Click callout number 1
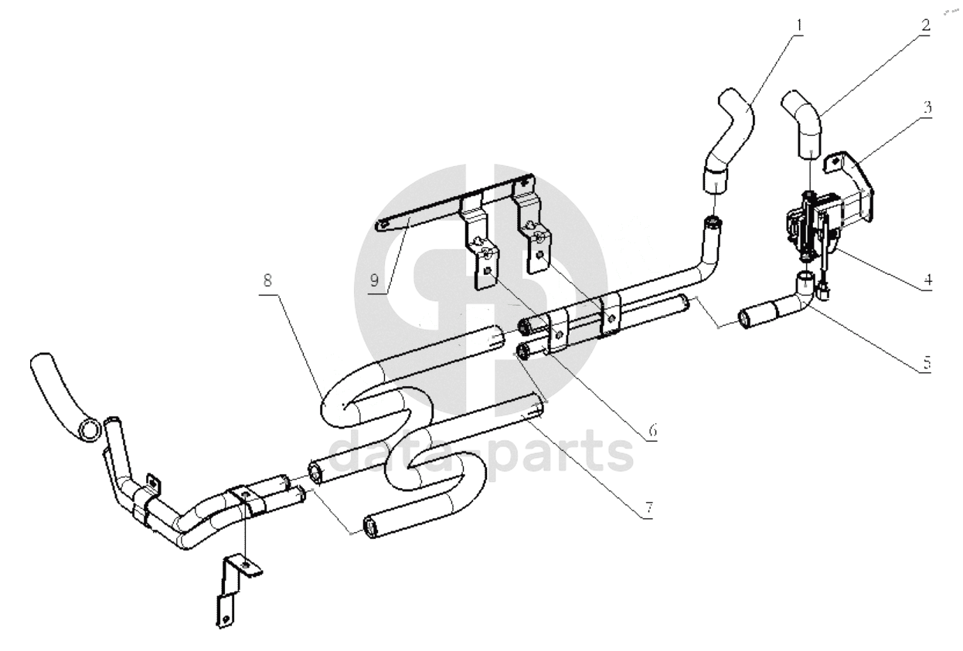(x=799, y=25)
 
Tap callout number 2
(x=926, y=25)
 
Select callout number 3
(x=927, y=107)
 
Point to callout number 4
(x=927, y=280)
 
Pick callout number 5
(x=927, y=363)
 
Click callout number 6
(x=652, y=429)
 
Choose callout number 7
(x=649, y=508)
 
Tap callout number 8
(x=267, y=280)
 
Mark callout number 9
(x=374, y=280)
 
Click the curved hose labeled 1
(x=736, y=137)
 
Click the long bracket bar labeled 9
(x=456, y=202)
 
